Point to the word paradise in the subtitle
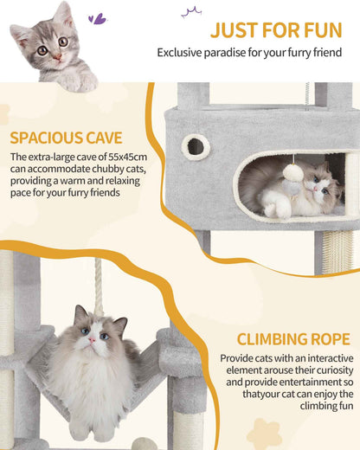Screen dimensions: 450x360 tap(240, 53)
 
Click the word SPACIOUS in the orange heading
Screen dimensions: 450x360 tap(46, 138)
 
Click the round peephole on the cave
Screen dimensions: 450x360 tap(196, 146)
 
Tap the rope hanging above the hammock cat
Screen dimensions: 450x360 tap(98, 285)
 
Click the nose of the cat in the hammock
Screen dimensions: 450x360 tap(90, 338)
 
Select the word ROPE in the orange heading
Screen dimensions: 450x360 tap(325, 338)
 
